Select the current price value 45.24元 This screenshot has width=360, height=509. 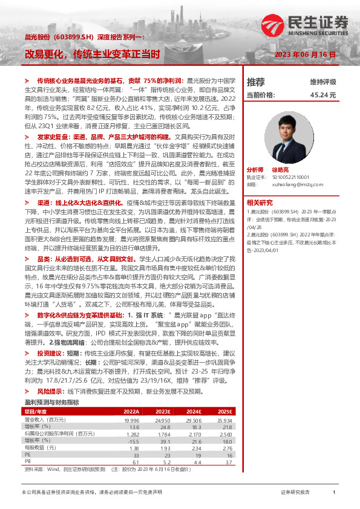(322, 96)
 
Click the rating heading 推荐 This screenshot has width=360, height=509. (256, 82)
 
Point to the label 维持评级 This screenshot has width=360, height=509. (322, 82)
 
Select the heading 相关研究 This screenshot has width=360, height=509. (260, 203)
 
